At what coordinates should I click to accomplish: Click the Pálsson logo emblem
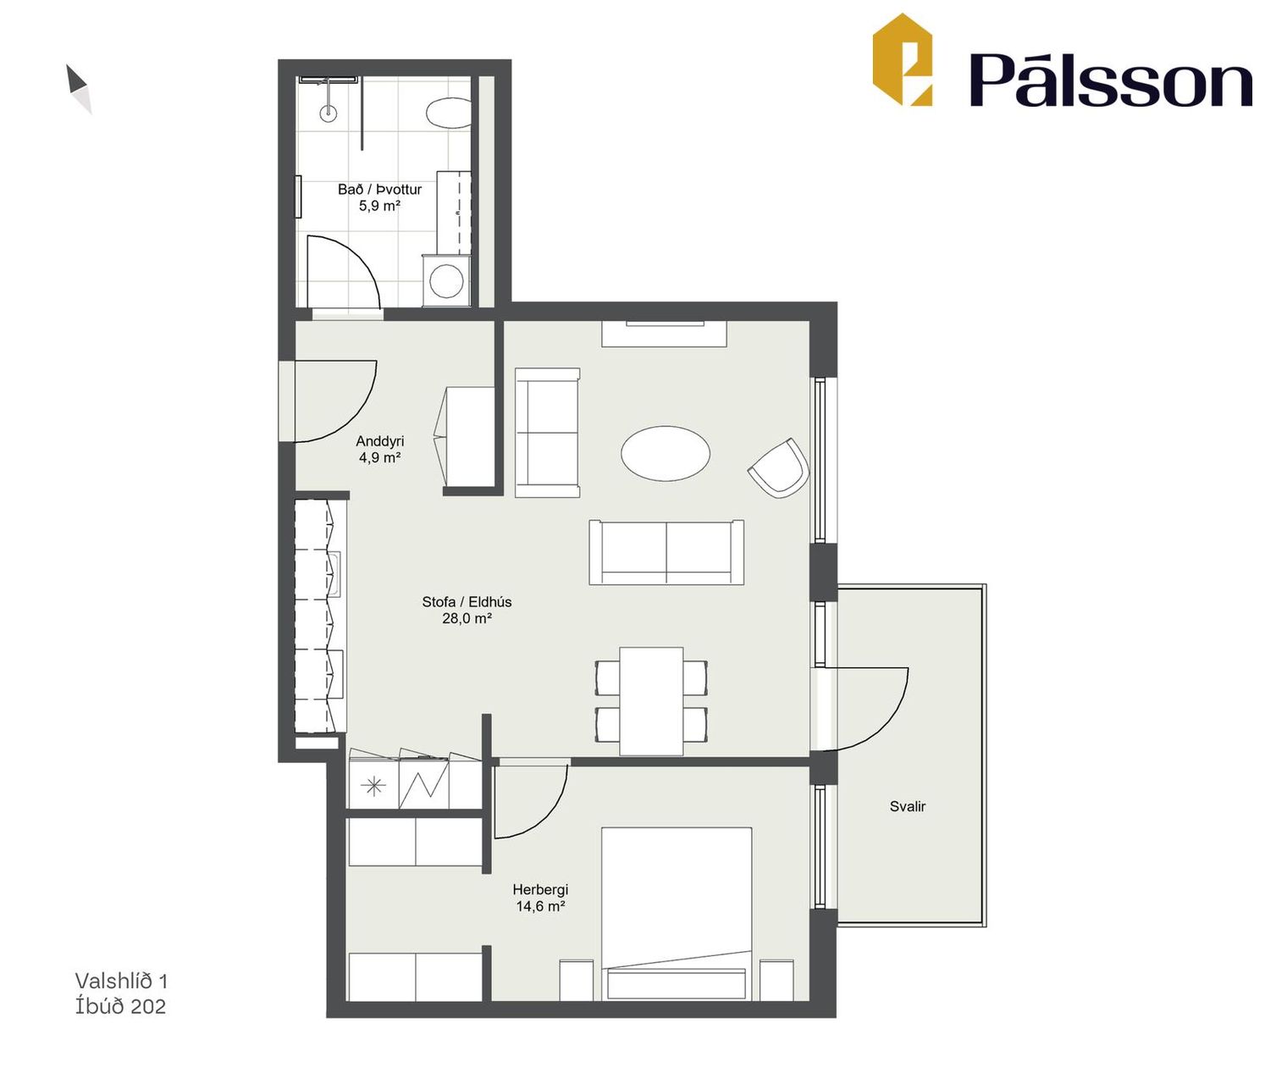(x=902, y=59)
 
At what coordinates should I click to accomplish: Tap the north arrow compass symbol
(x=79, y=89)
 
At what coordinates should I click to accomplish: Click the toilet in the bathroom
(x=449, y=113)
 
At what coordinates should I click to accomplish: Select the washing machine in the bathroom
(x=446, y=279)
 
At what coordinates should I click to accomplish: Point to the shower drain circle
(x=329, y=112)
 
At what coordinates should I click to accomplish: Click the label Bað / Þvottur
(x=379, y=190)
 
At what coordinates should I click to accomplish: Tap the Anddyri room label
(x=379, y=440)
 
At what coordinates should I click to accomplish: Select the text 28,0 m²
(x=467, y=618)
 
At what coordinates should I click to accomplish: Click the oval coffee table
(x=666, y=454)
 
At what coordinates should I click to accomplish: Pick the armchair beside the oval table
(x=778, y=467)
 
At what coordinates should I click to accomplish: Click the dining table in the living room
(x=651, y=701)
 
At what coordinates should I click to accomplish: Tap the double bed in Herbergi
(x=677, y=914)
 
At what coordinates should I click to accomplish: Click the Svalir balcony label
(x=908, y=807)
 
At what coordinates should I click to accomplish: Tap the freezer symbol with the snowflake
(x=373, y=786)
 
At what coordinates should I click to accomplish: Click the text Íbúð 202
(x=120, y=1006)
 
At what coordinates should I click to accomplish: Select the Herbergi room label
(x=540, y=890)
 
